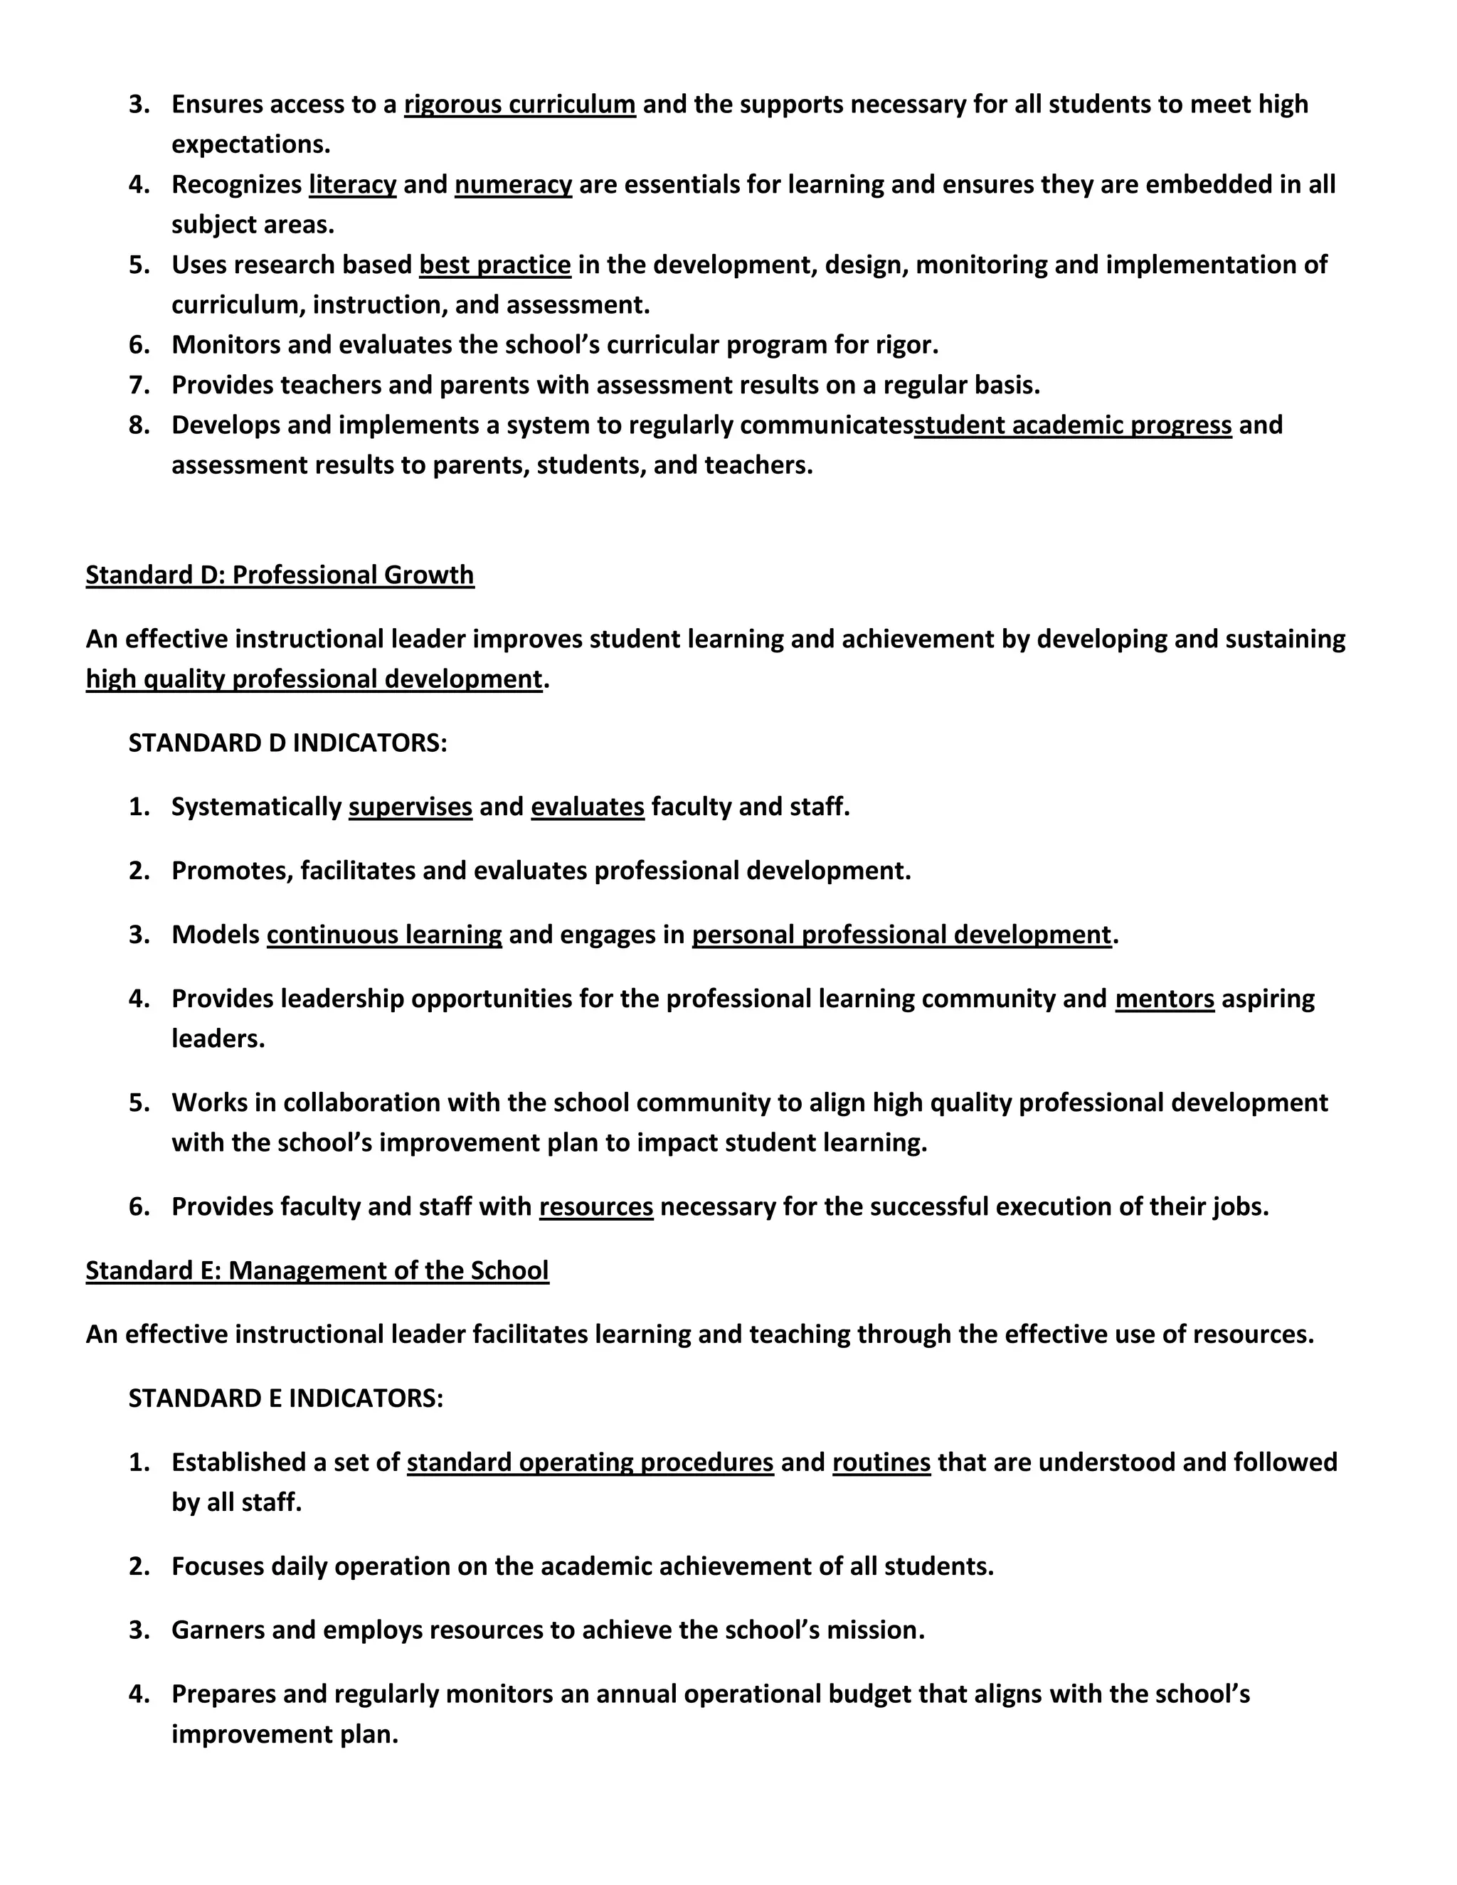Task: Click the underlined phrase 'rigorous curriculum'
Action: point(519,105)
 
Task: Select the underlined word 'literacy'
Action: point(352,185)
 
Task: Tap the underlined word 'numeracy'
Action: point(513,185)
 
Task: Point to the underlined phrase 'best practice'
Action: point(494,265)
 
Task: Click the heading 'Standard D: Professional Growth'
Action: point(280,575)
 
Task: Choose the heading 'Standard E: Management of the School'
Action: point(317,1270)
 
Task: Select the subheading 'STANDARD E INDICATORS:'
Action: point(286,1398)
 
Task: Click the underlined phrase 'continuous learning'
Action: point(384,935)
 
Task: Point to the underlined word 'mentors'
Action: point(1165,999)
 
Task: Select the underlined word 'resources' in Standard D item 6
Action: point(595,1206)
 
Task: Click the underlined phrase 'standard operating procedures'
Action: point(590,1462)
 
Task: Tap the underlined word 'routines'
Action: point(881,1462)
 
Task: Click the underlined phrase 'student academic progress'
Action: point(1073,425)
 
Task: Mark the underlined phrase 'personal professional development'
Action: point(901,935)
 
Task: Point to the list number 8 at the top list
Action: point(138,425)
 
